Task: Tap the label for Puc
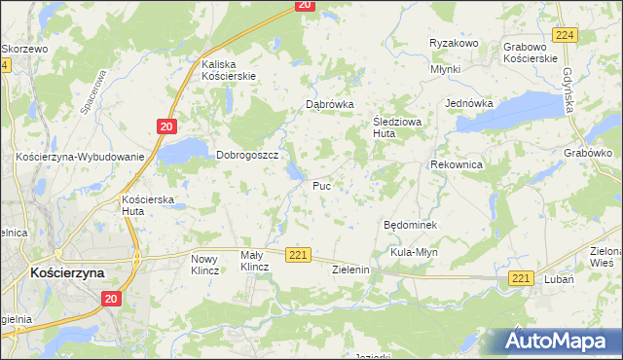(x=322, y=185)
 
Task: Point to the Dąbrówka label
(x=329, y=104)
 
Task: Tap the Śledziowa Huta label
(x=397, y=126)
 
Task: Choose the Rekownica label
(x=458, y=165)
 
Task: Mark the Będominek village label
(x=411, y=225)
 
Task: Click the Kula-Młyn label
(x=417, y=252)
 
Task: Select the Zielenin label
(x=354, y=270)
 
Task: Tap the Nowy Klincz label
(x=206, y=264)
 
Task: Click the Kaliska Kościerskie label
(x=228, y=70)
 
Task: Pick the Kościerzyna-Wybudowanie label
(x=80, y=157)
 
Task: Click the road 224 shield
(x=565, y=34)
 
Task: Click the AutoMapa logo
(x=558, y=342)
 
